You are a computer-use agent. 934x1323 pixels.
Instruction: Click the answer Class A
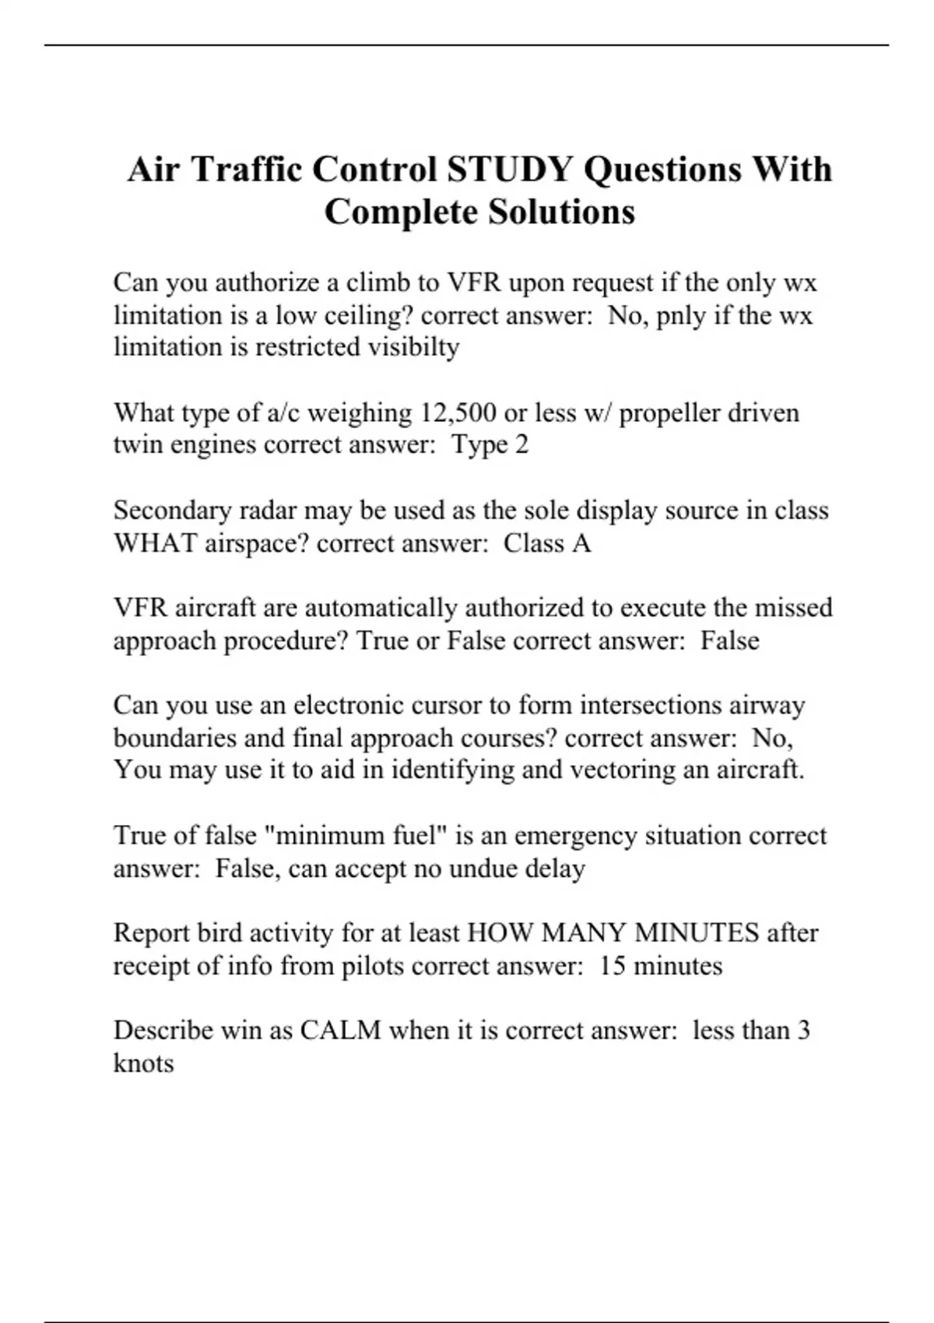pos(547,543)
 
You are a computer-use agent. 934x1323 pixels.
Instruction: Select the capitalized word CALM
pos(340,1030)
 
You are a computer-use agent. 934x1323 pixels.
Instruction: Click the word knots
pos(143,1063)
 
